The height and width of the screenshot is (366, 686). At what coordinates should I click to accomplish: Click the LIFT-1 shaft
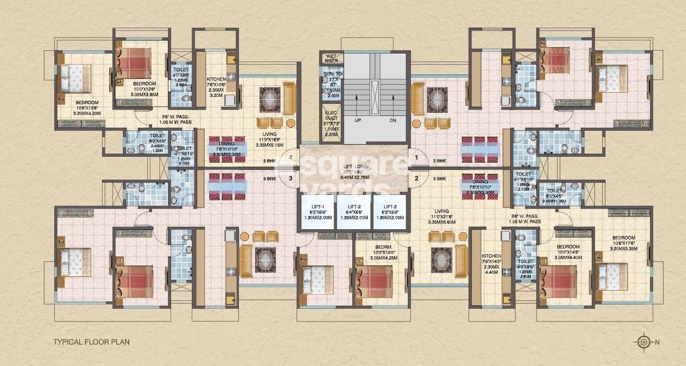click(317, 212)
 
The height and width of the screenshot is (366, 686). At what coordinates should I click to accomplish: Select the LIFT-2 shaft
click(354, 212)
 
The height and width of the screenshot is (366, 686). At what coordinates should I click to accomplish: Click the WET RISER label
click(331, 58)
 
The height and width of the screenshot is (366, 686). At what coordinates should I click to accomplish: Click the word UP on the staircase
click(358, 120)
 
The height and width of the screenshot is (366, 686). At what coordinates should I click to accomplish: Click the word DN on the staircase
click(393, 120)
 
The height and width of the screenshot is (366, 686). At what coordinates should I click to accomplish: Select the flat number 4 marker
click(290, 157)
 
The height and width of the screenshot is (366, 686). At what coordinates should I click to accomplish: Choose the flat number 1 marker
click(417, 157)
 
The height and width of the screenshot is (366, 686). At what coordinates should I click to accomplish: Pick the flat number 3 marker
click(290, 178)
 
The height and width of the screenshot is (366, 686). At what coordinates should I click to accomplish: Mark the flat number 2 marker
click(417, 178)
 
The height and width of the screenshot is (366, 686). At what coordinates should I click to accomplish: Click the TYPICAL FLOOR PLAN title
click(91, 342)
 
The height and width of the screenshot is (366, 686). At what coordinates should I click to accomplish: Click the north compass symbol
click(644, 342)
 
